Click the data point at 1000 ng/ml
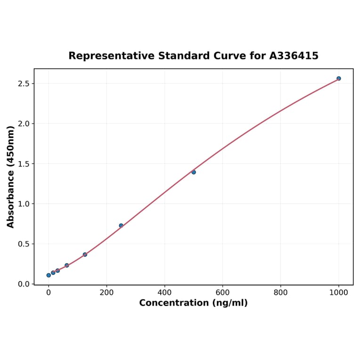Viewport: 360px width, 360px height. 338,78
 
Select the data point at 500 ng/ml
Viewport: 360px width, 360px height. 194,172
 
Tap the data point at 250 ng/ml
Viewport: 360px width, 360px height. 121,226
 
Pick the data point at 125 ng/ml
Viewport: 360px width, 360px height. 85,254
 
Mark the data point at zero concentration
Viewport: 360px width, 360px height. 49,275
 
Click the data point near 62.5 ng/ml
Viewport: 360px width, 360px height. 67,265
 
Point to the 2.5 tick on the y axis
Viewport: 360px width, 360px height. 24,83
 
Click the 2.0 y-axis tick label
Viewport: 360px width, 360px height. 24,123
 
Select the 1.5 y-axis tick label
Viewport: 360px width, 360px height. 24,164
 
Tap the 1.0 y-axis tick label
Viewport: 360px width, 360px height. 24,204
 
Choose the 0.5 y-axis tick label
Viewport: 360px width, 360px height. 24,244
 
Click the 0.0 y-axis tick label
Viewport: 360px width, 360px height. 24,284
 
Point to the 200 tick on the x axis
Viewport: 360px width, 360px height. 106,293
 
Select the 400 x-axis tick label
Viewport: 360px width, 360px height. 164,293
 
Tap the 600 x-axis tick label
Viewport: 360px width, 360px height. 222,293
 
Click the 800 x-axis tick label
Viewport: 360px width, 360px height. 281,293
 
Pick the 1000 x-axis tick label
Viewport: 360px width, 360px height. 338,293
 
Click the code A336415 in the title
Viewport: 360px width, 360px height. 294,56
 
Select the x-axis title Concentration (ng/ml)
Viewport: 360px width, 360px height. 193,303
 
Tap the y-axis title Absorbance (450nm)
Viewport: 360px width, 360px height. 11,177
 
